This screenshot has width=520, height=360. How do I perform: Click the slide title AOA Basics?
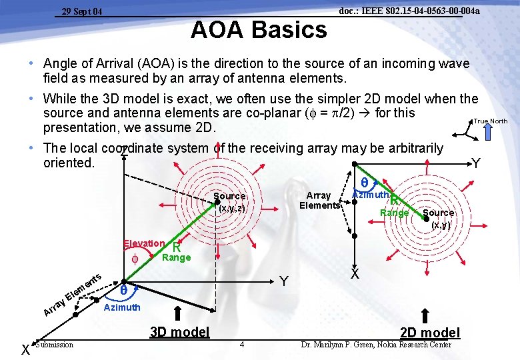point(259,30)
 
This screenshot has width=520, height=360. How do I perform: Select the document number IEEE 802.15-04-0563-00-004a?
point(409,11)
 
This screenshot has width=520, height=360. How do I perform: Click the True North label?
point(491,121)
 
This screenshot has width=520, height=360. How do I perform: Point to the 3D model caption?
point(179,332)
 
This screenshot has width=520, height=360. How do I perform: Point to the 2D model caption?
point(430,332)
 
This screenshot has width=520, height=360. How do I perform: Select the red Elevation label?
point(144,244)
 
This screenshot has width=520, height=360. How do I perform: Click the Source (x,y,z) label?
point(230,202)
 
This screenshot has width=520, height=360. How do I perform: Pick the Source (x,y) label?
point(438,219)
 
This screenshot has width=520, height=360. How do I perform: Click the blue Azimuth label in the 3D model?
point(123,307)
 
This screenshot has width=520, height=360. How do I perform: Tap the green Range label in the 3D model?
point(176,257)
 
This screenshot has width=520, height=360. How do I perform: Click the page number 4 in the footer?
point(242,345)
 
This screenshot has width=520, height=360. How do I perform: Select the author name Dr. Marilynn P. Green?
point(376,345)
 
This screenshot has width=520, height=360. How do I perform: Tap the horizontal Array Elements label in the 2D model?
point(319,200)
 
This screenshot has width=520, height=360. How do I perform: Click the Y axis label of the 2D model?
point(475,163)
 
